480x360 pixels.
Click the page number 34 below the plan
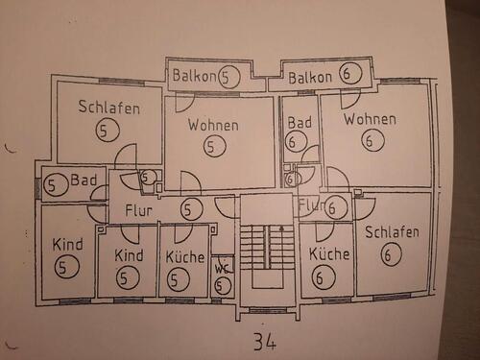(x=265, y=342)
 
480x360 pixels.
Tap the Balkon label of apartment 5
(x=194, y=76)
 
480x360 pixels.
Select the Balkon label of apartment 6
(x=310, y=78)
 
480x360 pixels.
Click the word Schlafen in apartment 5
(x=109, y=107)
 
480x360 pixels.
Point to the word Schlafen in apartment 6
(x=392, y=232)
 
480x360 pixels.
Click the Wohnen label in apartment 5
(x=213, y=125)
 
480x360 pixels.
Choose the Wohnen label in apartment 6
(x=371, y=119)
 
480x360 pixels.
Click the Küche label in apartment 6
(x=329, y=254)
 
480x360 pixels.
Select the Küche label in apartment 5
(x=185, y=256)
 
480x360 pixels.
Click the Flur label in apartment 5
(x=138, y=210)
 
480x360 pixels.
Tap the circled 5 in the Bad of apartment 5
(x=53, y=185)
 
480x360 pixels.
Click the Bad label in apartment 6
(x=300, y=123)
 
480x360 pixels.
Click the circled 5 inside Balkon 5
(x=228, y=77)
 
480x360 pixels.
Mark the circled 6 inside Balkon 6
(x=350, y=73)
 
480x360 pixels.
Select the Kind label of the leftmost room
(x=67, y=245)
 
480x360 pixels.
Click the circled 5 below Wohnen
(x=215, y=146)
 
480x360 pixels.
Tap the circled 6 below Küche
(x=324, y=277)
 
